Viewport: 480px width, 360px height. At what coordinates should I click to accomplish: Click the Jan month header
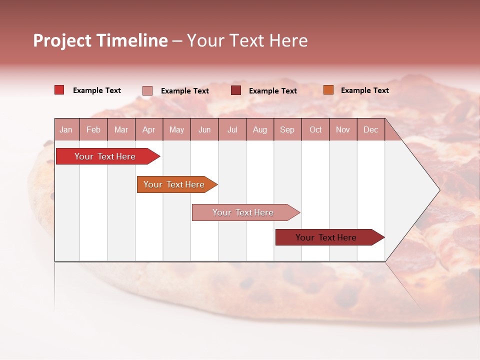[66, 129]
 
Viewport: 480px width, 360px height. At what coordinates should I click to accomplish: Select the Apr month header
[148, 129]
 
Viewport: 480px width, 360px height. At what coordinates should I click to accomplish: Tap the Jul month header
[232, 129]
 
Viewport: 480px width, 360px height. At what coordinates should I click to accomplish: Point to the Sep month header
[287, 129]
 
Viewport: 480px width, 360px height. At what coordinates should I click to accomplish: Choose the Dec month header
[370, 129]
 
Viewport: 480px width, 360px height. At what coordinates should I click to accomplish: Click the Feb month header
[93, 129]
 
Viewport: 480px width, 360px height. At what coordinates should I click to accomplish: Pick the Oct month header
[315, 129]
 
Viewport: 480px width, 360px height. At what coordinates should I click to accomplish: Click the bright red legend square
[59, 90]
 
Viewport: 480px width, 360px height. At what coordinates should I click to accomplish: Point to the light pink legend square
[147, 90]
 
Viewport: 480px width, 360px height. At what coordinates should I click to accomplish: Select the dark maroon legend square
[236, 90]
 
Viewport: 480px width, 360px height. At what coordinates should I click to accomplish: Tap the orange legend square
[328, 90]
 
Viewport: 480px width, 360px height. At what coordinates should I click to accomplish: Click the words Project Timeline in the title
[100, 40]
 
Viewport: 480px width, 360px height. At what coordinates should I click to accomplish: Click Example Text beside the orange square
[364, 90]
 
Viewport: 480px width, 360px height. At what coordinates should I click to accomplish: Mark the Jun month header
[204, 129]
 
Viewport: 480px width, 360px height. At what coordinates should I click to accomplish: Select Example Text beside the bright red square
[97, 90]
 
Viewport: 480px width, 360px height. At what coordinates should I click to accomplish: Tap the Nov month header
[343, 129]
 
